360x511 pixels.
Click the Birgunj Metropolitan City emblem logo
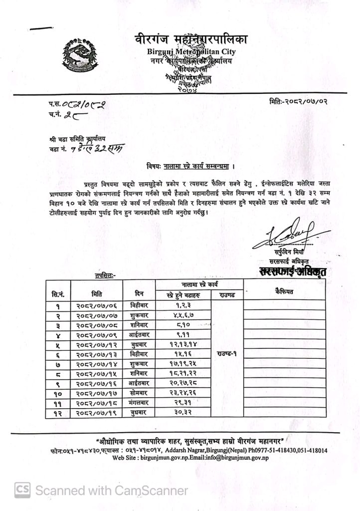(82, 52)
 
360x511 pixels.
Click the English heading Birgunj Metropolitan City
(191, 51)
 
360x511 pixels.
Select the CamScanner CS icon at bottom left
(21, 491)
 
